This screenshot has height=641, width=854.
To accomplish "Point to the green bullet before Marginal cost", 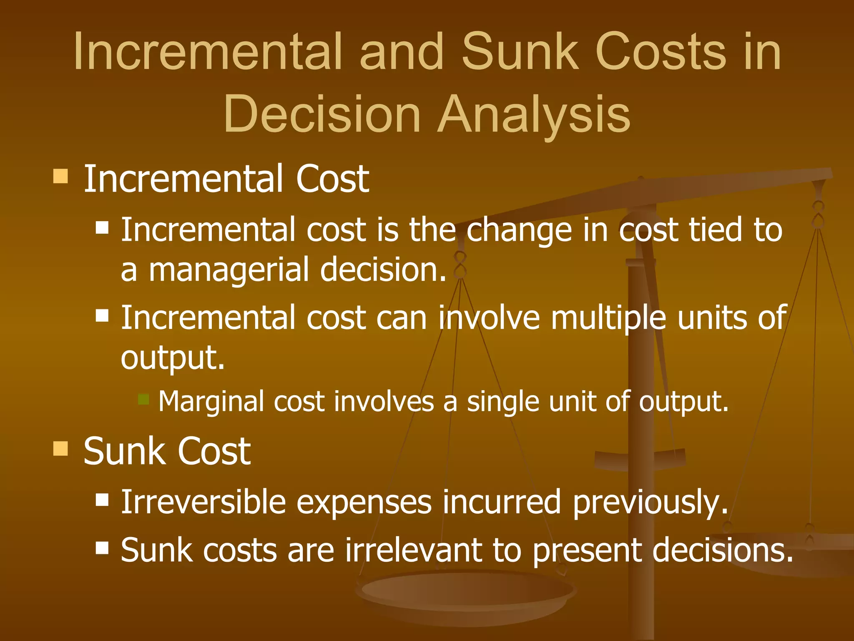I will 143,399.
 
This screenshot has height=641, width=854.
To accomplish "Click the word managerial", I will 229,270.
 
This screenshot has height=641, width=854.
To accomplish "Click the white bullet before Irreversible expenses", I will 102,499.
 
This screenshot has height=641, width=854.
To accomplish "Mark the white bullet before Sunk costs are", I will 102,547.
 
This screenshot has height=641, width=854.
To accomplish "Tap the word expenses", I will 364,503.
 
